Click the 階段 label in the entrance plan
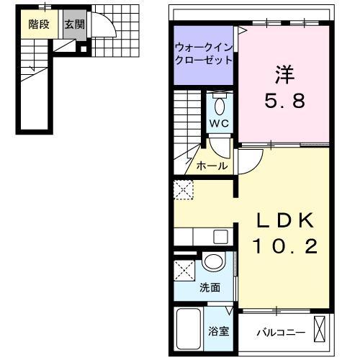tap(39, 24)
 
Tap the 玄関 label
tap(73, 24)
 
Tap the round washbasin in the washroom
tap(213, 263)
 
